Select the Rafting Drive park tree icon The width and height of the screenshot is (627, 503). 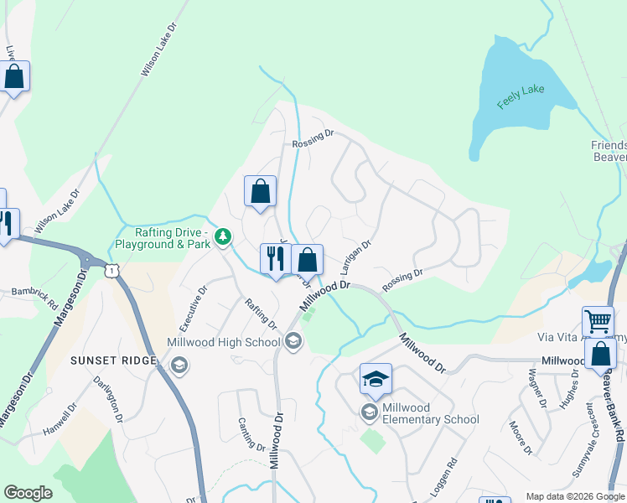coord(222,237)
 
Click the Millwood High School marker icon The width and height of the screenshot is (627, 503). coord(293,340)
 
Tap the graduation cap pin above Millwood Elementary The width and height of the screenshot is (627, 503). coord(376,380)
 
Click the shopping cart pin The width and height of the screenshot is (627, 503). coord(598,321)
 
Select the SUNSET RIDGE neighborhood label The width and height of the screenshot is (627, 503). coord(114,360)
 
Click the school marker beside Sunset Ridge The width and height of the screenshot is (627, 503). coord(179,364)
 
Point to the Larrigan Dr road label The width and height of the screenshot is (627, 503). coord(356,257)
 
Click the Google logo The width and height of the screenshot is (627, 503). coord(28,493)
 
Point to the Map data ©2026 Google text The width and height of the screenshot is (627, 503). coord(574,496)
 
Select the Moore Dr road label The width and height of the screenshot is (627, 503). coord(521,438)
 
